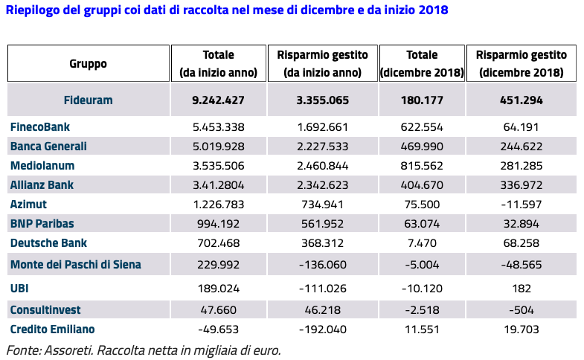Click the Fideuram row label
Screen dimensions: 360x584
tap(88, 99)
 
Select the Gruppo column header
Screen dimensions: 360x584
tap(88, 63)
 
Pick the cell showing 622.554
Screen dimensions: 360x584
tap(421, 127)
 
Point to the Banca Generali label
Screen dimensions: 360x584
tap(48, 146)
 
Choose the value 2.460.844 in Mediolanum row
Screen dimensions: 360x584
tap(322, 165)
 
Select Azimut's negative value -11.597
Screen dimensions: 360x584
tap(521, 204)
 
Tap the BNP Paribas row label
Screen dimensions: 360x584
tap(42, 223)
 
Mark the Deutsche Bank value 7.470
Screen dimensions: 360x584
tap(421, 242)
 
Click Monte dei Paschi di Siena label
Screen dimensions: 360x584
tap(75, 264)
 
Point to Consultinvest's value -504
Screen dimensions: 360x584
tap(521, 309)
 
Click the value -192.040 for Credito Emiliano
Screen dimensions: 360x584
tap(322, 329)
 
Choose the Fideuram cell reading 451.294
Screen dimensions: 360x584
tap(521, 99)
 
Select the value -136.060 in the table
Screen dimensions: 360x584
tap(322, 264)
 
